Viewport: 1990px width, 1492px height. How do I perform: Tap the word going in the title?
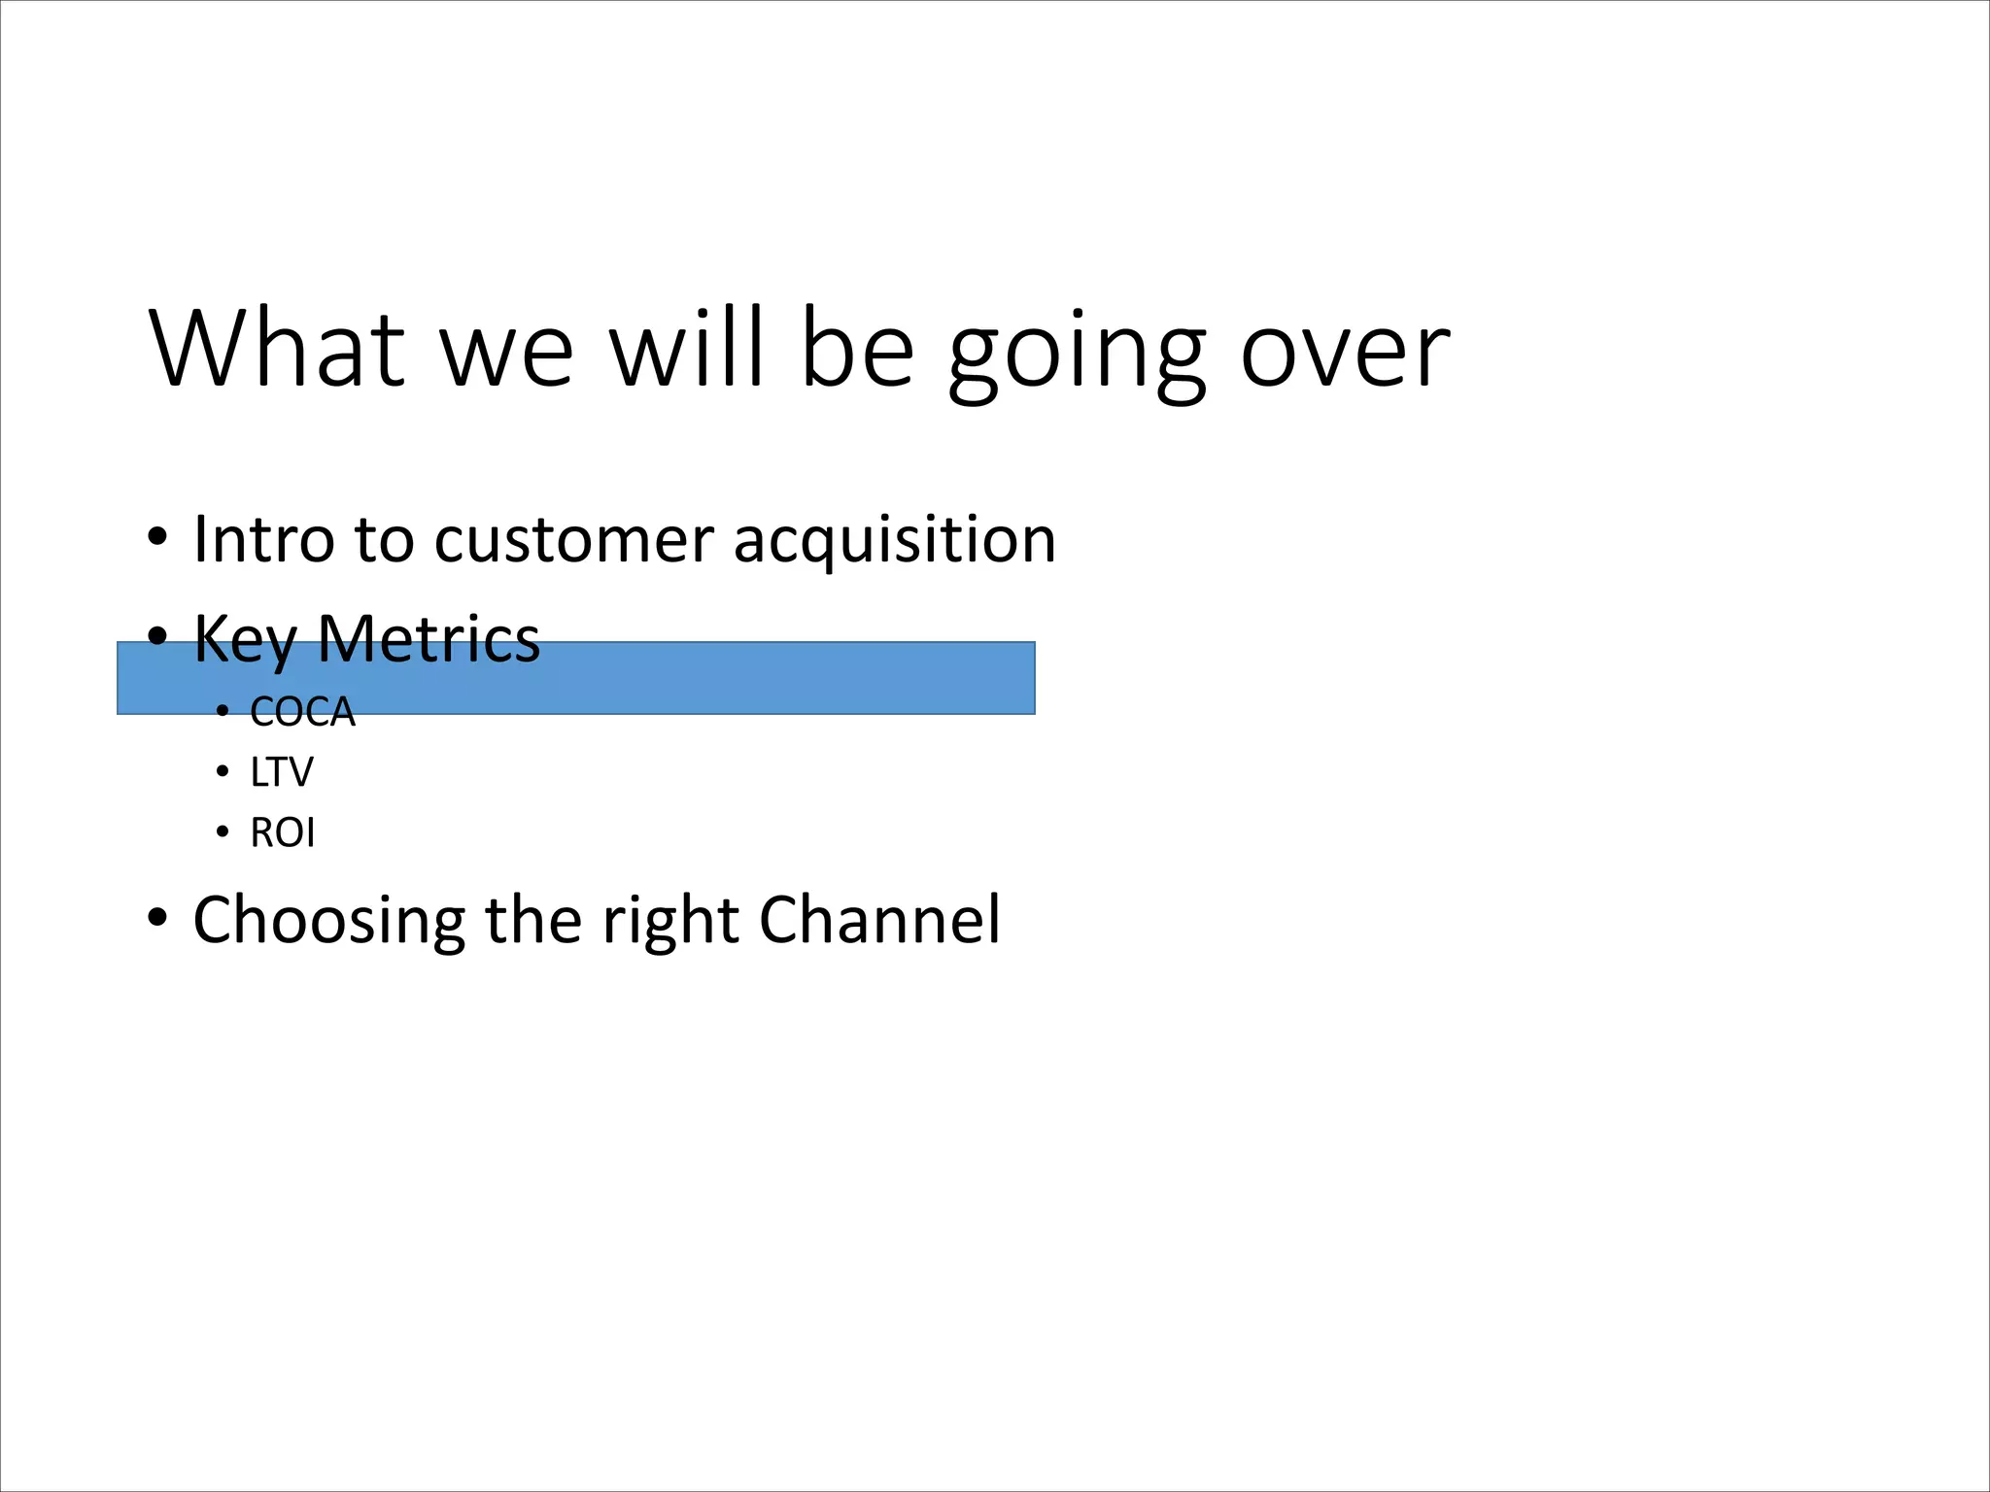pyautogui.click(x=1077, y=352)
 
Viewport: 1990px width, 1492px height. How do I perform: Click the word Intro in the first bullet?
pyautogui.click(x=257, y=539)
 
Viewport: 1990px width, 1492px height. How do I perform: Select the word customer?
pyautogui.click(x=573, y=540)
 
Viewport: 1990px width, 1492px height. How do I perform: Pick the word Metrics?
pyautogui.click(x=429, y=639)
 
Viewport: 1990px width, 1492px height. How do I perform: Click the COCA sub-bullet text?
pyautogui.click(x=302, y=712)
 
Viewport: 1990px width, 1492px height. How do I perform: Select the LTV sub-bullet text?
pyautogui.click(x=282, y=773)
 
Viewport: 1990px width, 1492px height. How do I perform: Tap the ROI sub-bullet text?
pyautogui.click(x=283, y=833)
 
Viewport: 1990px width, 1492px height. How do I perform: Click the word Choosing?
pyautogui.click(x=329, y=921)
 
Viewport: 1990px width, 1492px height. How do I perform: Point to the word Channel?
pyautogui.click(x=879, y=919)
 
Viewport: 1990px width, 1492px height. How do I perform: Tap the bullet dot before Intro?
pyautogui.click(x=157, y=537)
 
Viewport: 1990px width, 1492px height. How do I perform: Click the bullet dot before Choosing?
pyautogui.click(x=157, y=917)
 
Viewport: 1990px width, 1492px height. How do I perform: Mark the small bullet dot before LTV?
pyautogui.click(x=223, y=773)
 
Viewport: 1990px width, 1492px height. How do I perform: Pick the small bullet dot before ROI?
pyautogui.click(x=223, y=833)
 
